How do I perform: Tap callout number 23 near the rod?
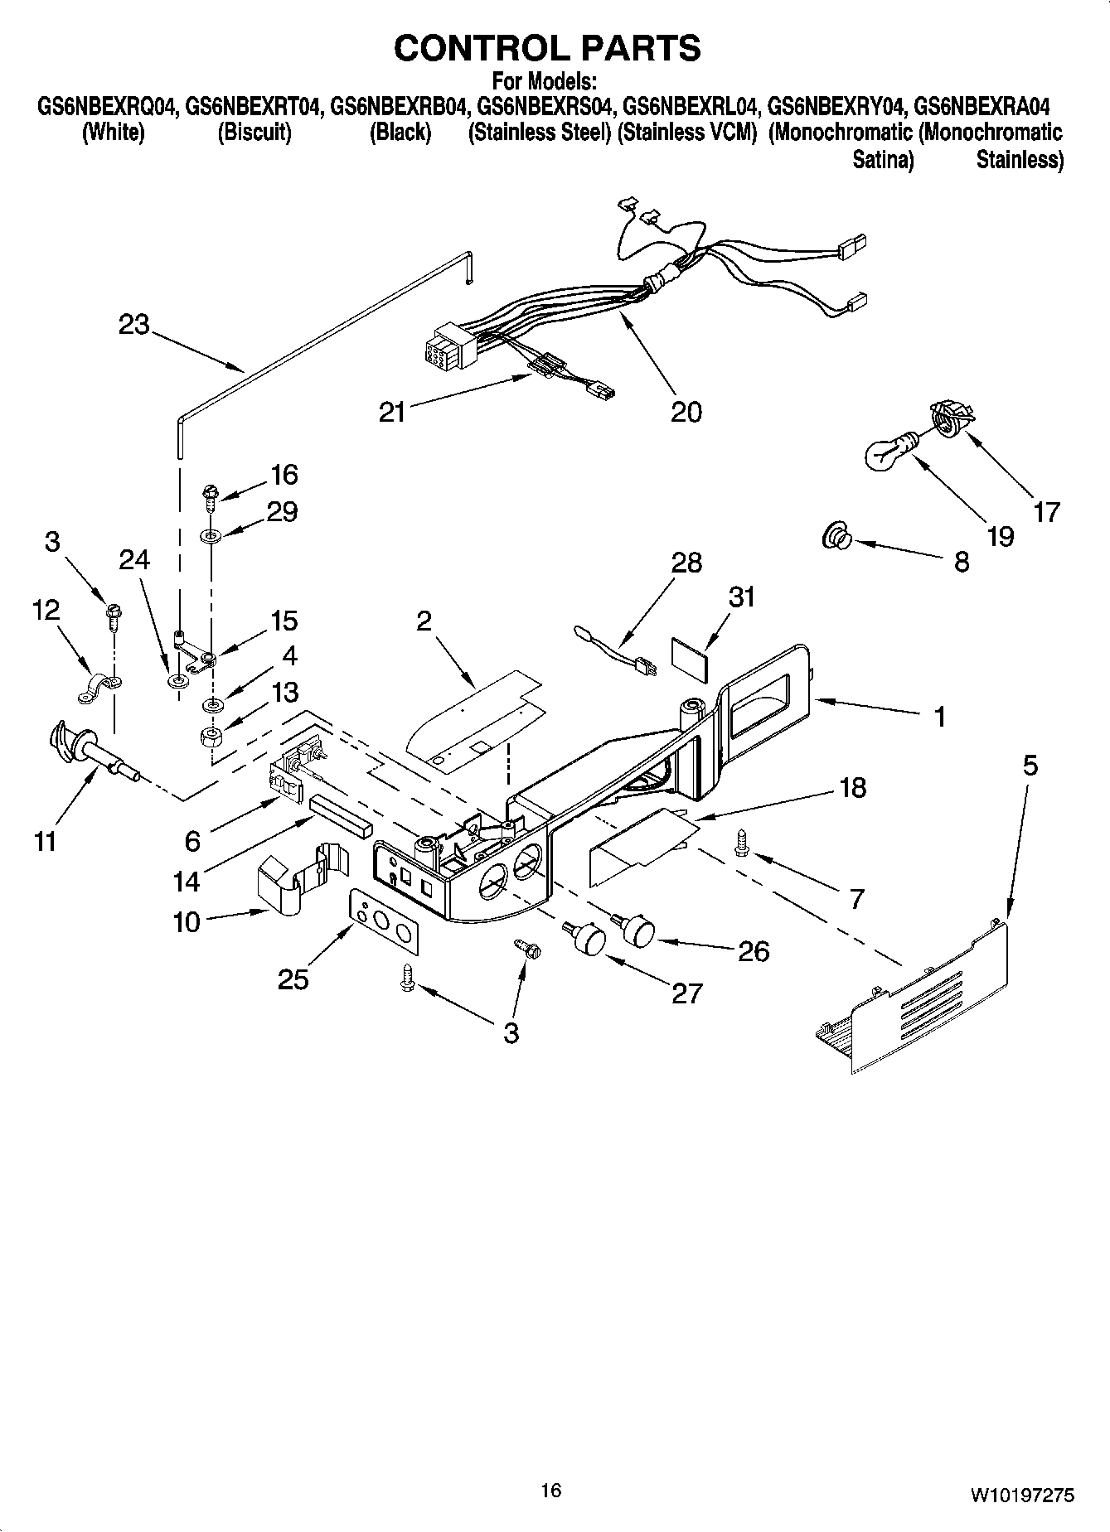click(x=133, y=325)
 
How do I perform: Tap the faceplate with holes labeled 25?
click(x=382, y=917)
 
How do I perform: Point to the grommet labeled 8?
click(x=836, y=539)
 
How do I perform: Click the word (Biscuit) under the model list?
click(x=254, y=133)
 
